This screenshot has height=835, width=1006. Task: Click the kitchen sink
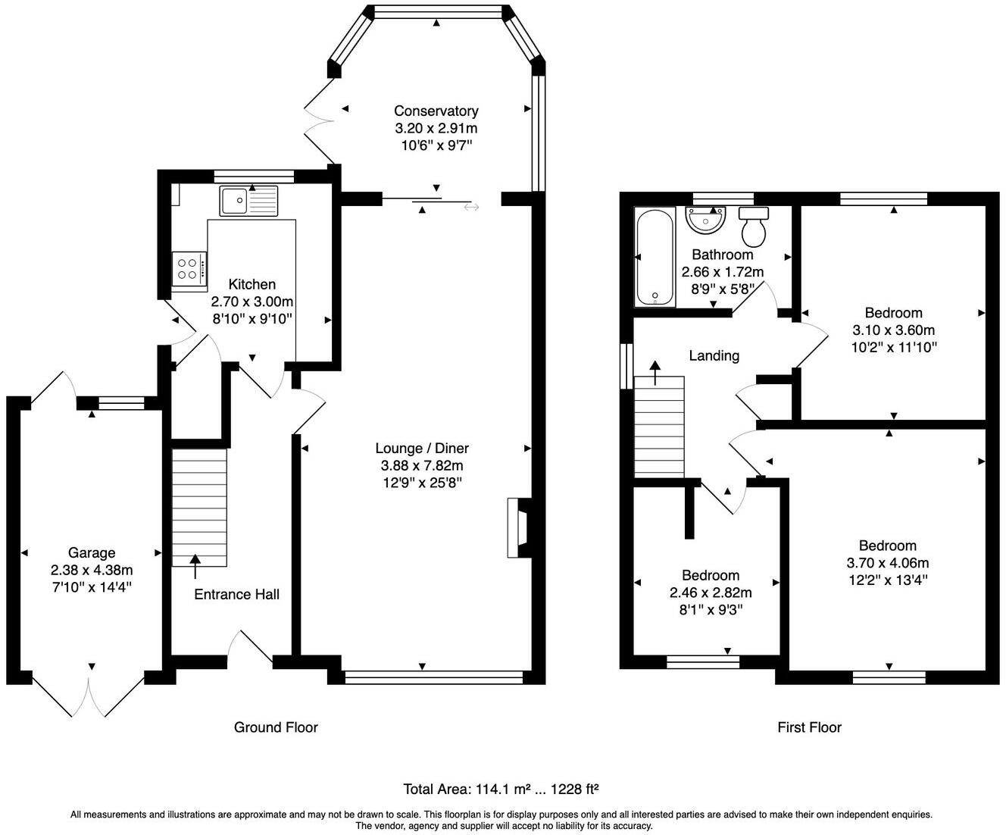pos(248,201)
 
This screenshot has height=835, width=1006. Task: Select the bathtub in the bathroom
pos(655,258)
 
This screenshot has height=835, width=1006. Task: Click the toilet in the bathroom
pos(754,227)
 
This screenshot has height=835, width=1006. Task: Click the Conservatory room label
pos(436,111)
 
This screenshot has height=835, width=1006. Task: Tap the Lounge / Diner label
pos(422,448)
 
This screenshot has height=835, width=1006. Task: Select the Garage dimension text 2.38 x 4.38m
pos(92,570)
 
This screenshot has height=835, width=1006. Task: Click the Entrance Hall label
pos(236,594)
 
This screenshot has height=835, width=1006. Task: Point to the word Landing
pos(714,355)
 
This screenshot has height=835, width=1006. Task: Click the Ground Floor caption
pos(276,727)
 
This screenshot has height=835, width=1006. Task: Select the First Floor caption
pos(810,727)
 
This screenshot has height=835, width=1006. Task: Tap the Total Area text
pos(501,789)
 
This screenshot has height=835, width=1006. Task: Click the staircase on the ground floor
pos(199,508)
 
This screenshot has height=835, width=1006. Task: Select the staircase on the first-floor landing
pos(659,427)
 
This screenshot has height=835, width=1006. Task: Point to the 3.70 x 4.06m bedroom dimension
pos(888,563)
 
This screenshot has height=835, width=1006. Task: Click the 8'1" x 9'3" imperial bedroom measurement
pos(711,610)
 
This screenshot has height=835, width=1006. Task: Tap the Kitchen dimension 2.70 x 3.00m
pos(252,302)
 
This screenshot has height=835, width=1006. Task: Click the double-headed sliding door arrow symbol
pos(471,207)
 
